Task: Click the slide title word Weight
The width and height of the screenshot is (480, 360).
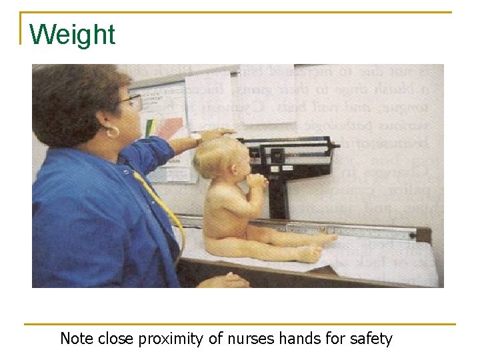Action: click(72, 35)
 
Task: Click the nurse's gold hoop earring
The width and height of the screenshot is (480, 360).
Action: click(112, 132)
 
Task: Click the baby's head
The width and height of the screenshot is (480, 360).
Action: click(213, 157)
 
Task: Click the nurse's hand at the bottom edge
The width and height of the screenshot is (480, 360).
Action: click(223, 281)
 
